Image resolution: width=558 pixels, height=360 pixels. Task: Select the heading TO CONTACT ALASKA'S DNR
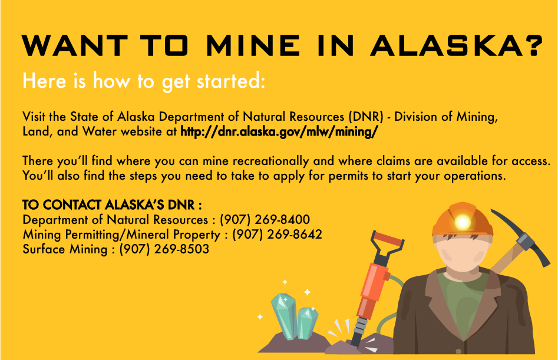[x=112, y=206]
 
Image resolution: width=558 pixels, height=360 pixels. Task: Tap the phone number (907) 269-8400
[x=265, y=220]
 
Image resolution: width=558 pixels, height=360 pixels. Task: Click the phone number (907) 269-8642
[x=277, y=235]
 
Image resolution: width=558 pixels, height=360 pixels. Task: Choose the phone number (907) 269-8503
[x=164, y=249]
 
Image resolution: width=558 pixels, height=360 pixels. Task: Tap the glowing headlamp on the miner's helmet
[x=463, y=222]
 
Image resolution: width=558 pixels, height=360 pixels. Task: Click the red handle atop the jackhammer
[x=388, y=240]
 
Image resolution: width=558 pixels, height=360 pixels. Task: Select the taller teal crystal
[x=283, y=315]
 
